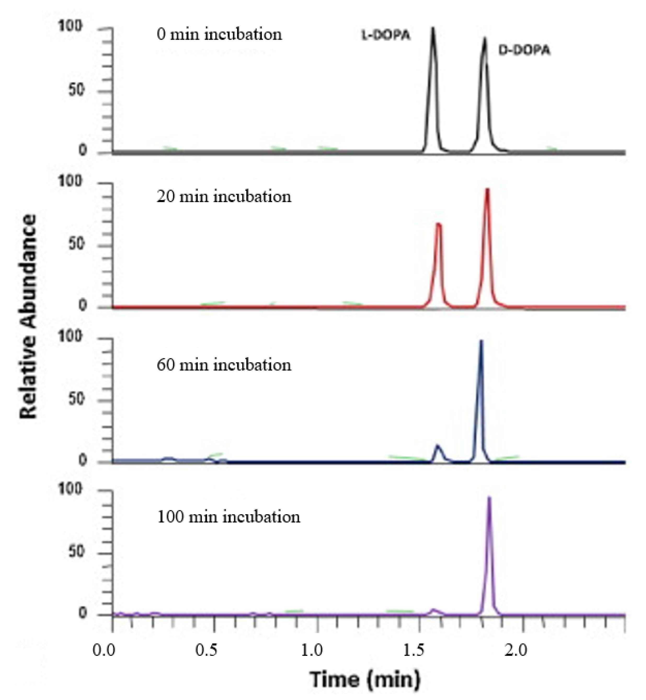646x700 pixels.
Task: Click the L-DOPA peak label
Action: (386, 35)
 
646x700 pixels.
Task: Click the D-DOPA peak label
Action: (524, 51)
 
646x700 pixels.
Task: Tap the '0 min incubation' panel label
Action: (219, 34)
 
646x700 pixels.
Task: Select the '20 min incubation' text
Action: (224, 197)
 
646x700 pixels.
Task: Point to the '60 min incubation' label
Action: (224, 365)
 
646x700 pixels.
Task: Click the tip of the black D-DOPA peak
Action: (484, 38)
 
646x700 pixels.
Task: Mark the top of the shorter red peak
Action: (438, 224)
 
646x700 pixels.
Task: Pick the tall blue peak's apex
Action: (481, 341)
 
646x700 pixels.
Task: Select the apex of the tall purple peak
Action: (489, 497)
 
